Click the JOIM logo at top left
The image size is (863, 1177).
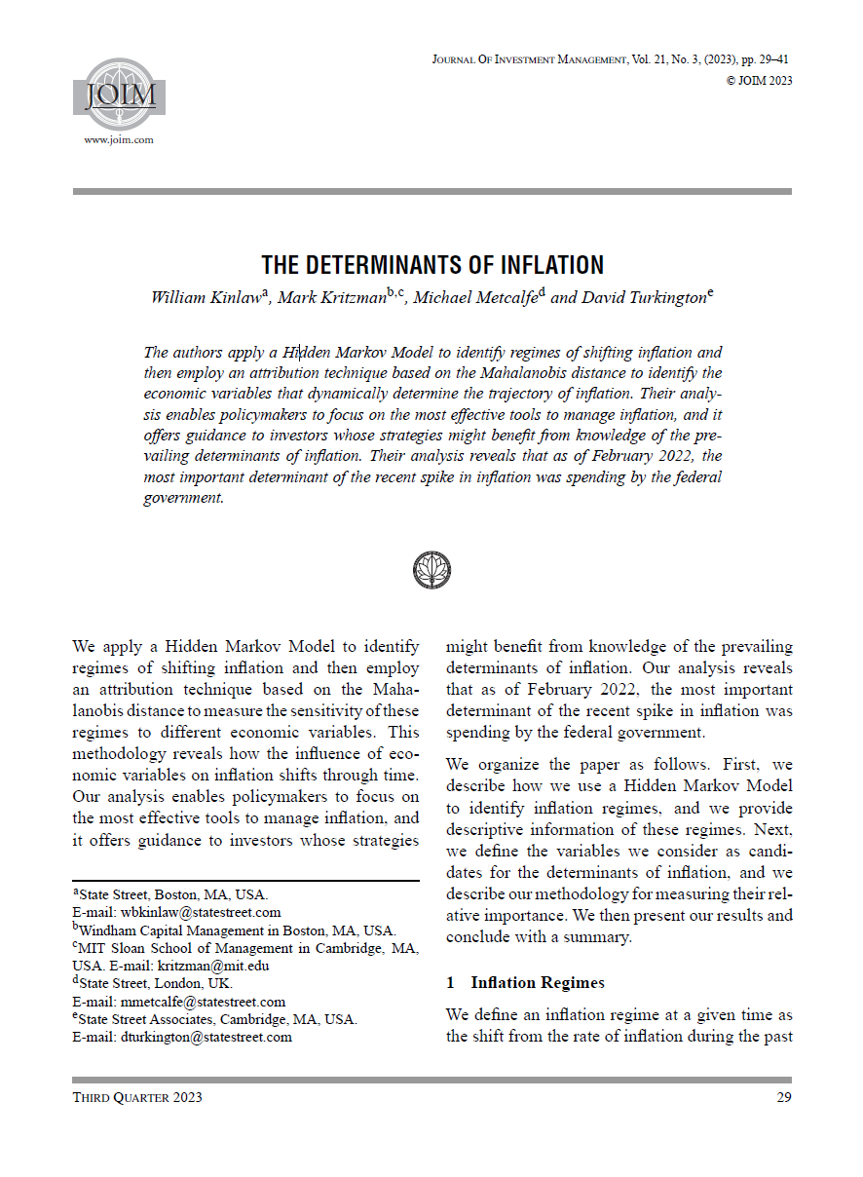pyautogui.click(x=119, y=95)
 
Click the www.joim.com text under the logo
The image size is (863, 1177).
pyautogui.click(x=119, y=140)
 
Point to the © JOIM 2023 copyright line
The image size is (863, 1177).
pyautogui.click(x=759, y=81)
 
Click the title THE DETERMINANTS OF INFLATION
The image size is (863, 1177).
pyautogui.click(x=432, y=265)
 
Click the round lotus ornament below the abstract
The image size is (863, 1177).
pyautogui.click(x=431, y=569)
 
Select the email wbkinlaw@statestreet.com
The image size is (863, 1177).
pyautogui.click(x=200, y=912)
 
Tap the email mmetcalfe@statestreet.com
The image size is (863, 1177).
pyautogui.click(x=203, y=1002)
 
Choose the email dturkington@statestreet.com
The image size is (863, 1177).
pyautogui.click(x=206, y=1037)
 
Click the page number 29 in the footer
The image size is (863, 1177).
pyautogui.click(x=782, y=1098)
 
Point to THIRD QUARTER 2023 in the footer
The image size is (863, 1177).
pyautogui.click(x=137, y=1098)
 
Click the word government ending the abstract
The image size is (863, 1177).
pyautogui.click(x=183, y=498)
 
